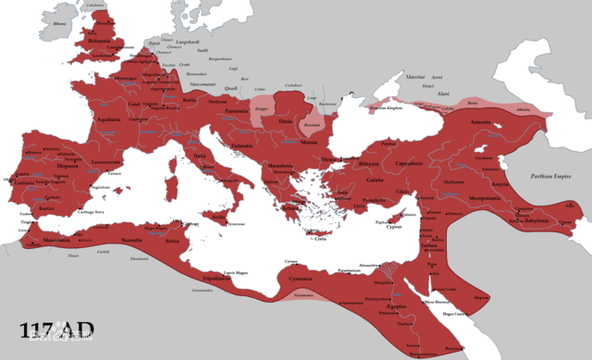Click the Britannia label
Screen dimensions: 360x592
tap(98, 41)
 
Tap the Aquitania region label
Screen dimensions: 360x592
tap(109, 120)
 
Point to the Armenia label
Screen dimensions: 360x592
tap(481, 121)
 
